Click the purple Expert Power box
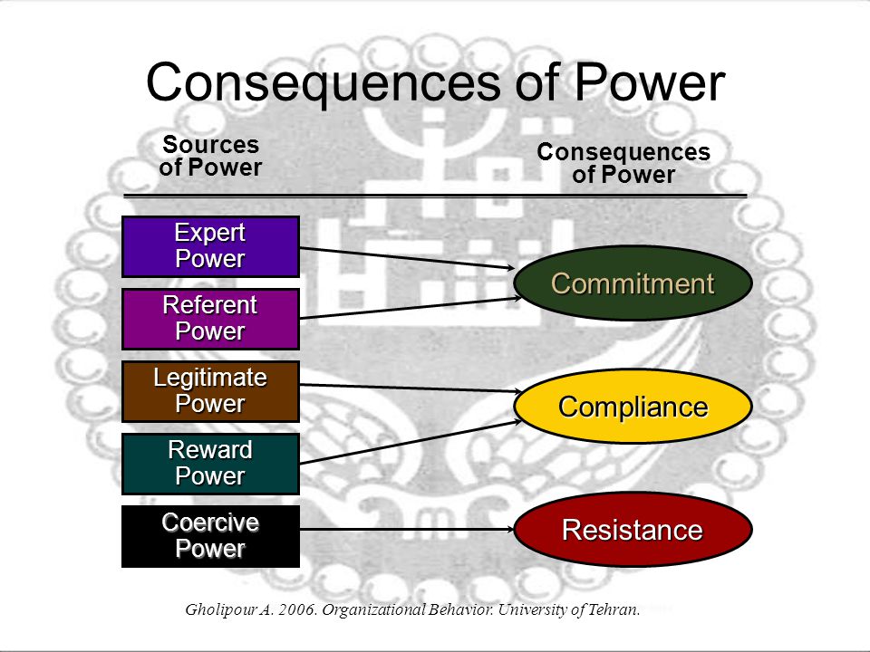coord(211,246)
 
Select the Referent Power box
coord(211,319)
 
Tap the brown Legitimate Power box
coord(211,391)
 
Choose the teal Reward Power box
coord(211,464)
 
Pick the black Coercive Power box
coord(211,536)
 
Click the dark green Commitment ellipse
coord(633,283)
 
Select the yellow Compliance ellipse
coord(633,407)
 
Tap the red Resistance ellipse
coord(633,530)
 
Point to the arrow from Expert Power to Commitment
coord(407,258)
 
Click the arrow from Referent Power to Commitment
coord(411,308)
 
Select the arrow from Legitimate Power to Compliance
coord(411,388)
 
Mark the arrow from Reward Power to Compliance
coord(411,442)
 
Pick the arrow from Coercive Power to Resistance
coord(407,530)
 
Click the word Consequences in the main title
coord(324,82)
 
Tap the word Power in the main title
coord(649,81)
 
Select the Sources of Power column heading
coord(210,156)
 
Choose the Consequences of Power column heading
coord(623,163)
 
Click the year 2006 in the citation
coord(298,609)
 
